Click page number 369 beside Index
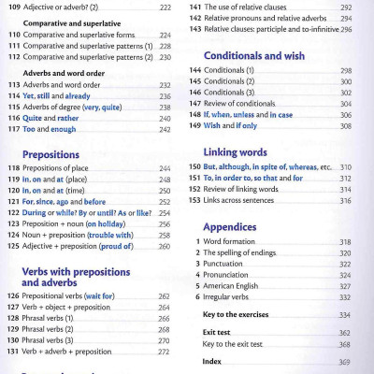[344, 361]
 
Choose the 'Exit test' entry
[216, 333]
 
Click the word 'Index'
[212, 361]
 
